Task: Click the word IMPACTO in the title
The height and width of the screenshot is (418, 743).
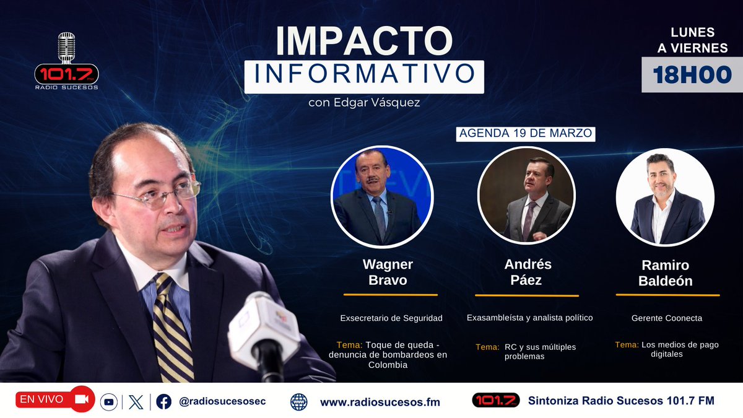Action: [364, 40]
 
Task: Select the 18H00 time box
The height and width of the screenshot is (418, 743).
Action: [692, 74]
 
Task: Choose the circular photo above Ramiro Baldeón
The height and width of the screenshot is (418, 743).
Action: [665, 196]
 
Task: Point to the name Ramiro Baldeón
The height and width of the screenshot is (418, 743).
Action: [665, 273]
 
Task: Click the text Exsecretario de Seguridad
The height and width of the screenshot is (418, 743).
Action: [391, 318]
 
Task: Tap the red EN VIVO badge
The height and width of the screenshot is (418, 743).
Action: [54, 399]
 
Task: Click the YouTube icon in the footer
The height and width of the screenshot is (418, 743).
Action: [109, 402]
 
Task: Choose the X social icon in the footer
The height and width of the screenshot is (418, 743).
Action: [136, 402]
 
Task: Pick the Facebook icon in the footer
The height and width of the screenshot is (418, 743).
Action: [163, 402]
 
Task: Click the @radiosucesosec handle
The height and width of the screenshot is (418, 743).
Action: [222, 401]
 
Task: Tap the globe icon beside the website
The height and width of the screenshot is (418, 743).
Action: [298, 402]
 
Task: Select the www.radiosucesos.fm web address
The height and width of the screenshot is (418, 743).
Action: [380, 402]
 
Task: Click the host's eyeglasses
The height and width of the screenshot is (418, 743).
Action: [164, 194]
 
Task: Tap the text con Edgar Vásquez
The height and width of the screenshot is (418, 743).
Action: [364, 102]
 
